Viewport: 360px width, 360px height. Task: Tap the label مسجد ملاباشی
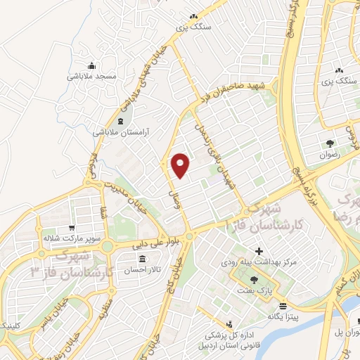coord(96,75)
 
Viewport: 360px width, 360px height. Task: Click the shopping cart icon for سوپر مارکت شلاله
coord(72,228)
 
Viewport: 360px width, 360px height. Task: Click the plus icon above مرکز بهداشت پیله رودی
coord(259,251)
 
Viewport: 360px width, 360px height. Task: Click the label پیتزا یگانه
coord(284,316)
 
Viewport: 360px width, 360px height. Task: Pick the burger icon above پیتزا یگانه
coord(283,306)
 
